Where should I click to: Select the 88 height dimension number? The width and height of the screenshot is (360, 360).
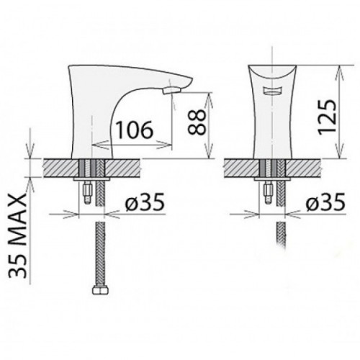pos(197,122)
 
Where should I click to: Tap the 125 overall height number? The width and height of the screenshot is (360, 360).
pos(326,117)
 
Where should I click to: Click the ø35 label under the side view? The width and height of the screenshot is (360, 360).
pos(145,202)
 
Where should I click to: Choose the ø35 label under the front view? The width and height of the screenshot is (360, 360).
pos(325,202)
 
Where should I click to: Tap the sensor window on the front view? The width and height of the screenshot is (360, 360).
pos(272,91)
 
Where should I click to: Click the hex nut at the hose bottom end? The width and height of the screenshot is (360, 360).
pos(100,290)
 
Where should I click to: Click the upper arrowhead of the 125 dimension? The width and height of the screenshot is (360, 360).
pos(341,71)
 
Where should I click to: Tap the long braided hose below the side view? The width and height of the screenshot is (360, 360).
pos(100,254)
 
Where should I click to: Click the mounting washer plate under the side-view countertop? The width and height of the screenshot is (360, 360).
pos(91,179)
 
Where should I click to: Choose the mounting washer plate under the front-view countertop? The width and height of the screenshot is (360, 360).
pos(272,179)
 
